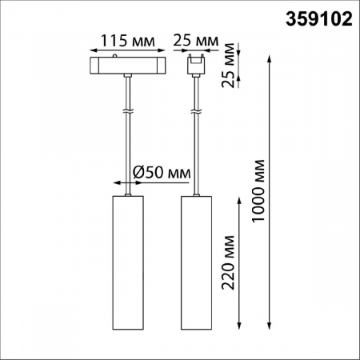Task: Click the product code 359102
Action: pyautogui.click(x=319, y=19)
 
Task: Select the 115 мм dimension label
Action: pyautogui.click(x=127, y=41)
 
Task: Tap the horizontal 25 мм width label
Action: pyautogui.click(x=196, y=41)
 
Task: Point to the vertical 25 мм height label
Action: pyautogui.click(x=228, y=66)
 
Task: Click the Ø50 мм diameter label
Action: pyautogui.click(x=162, y=173)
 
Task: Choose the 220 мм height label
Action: pyautogui.click(x=228, y=262)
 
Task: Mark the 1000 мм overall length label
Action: pyautogui.click(x=258, y=190)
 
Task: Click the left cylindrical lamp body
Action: pyautogui.click(x=128, y=262)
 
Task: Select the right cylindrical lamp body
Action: pyautogui.click(x=197, y=262)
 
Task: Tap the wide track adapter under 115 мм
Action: pyautogui.click(x=128, y=66)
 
